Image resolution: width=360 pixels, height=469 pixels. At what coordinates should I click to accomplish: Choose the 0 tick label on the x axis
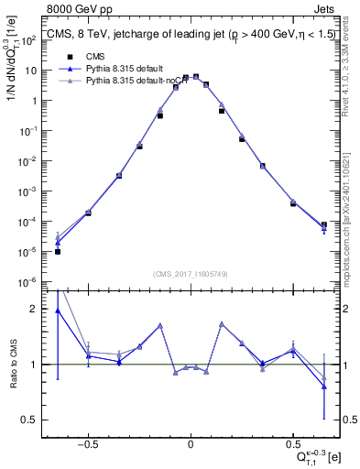pos(191,442)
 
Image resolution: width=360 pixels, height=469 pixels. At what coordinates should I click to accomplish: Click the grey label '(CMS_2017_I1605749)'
pos(190,274)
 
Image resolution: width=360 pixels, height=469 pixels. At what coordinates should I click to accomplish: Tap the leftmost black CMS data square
pos(58,251)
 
